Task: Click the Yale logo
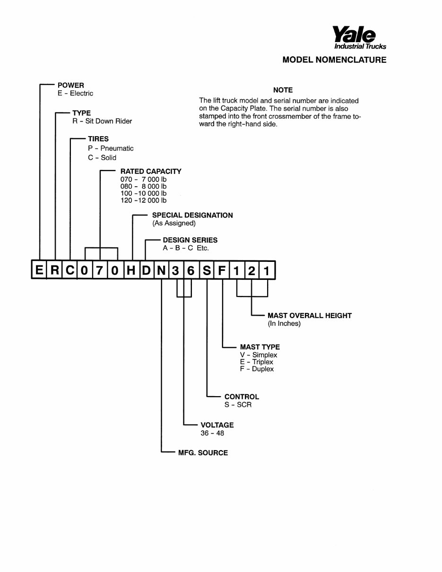pos(359,37)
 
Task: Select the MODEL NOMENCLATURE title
pos(334,60)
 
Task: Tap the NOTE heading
pos(283,90)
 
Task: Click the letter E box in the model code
pos(39,270)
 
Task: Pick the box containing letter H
pos(131,270)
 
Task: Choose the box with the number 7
pos(100,270)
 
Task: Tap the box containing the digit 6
pos(191,270)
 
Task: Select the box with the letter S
pos(207,270)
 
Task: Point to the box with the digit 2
pos(251,270)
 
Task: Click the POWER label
pos(71,85)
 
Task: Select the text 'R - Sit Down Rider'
pos(102,121)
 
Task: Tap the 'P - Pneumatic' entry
pos(111,148)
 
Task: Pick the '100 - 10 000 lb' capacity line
pos(143,193)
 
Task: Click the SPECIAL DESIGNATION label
pos(192,215)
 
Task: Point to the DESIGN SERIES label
pos(190,240)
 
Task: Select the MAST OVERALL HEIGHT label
pos(310,315)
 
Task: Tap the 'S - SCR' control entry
pos(238,404)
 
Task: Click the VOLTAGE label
pos(217,425)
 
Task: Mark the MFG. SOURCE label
pos(203,452)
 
